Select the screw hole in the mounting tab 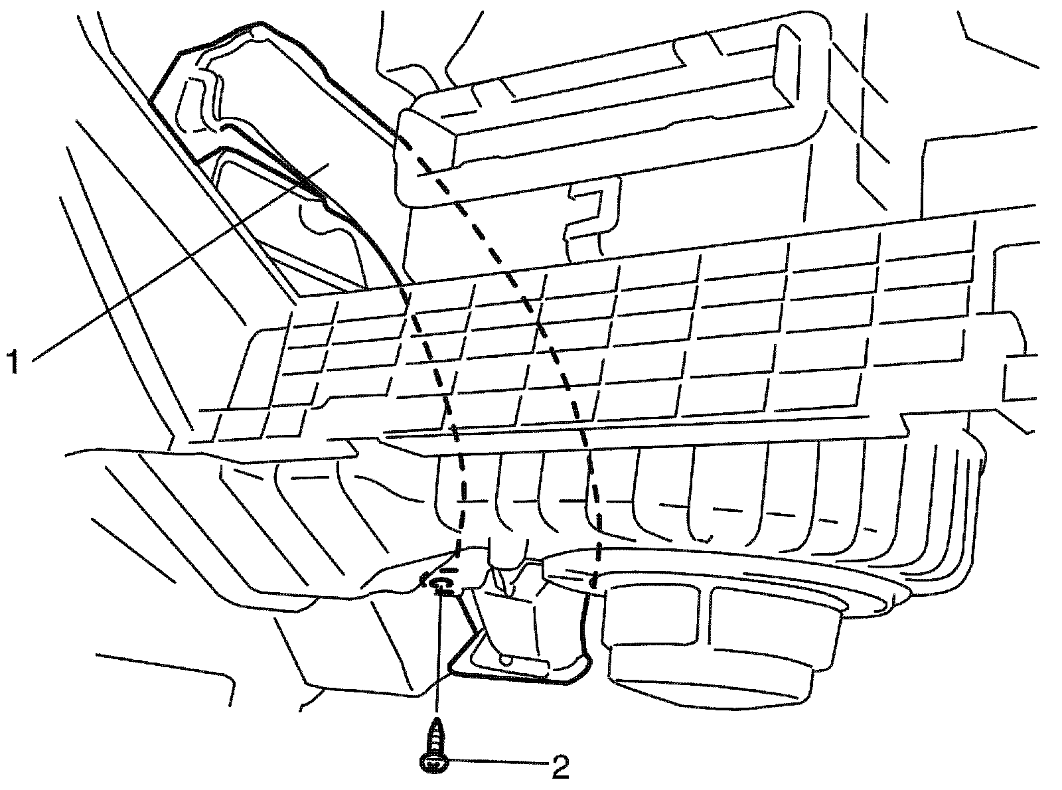tap(439, 584)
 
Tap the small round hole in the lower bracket tap(508, 661)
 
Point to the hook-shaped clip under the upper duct tap(591, 212)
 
